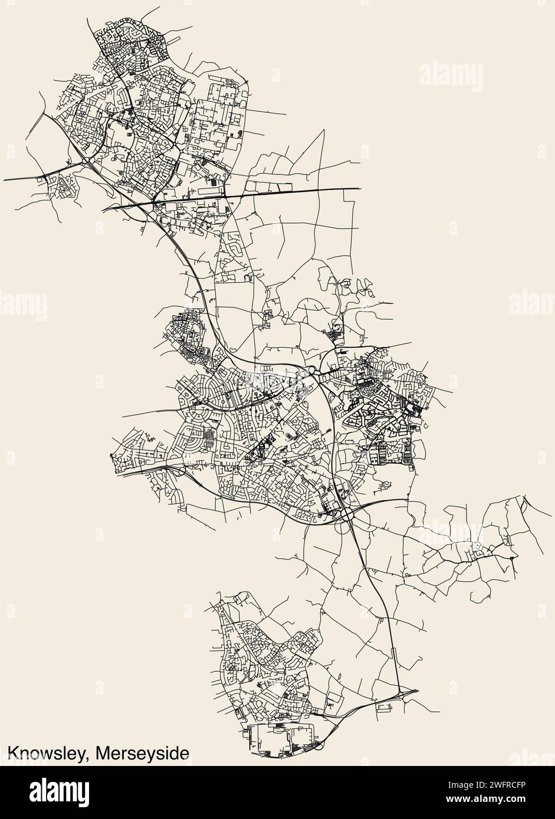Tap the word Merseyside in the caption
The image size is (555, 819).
point(142,754)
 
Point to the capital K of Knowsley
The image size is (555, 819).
point(12,754)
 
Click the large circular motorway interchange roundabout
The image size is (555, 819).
point(346,514)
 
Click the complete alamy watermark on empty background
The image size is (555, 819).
point(451,77)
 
